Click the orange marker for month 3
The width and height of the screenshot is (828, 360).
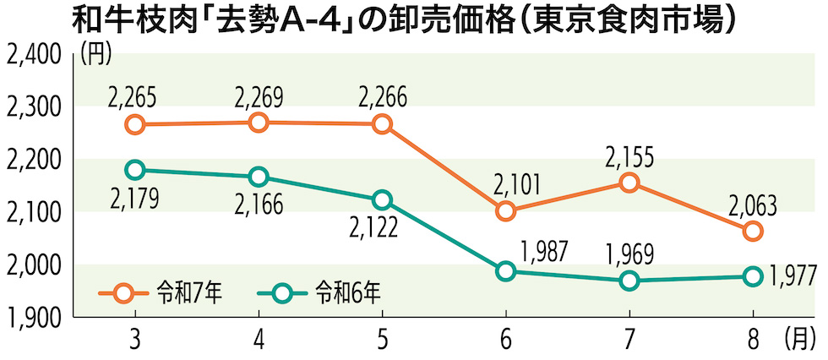point(134,124)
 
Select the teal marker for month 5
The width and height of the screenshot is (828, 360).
point(382,200)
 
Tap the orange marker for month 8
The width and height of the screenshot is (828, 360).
point(753,231)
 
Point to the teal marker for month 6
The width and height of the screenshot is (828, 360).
point(505,271)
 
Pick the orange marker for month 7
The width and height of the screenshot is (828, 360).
point(629,183)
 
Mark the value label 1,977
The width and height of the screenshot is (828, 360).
point(793,276)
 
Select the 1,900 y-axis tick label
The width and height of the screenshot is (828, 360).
point(33,319)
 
